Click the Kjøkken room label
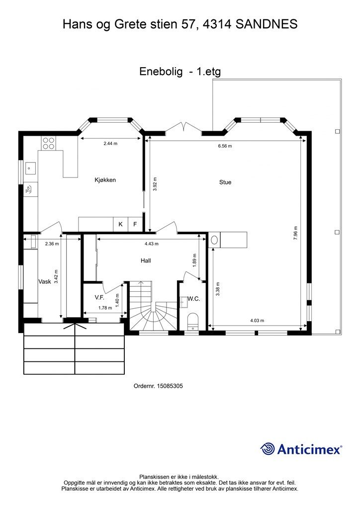coord(105,180)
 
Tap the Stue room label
coord(225,182)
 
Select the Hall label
coord(146,260)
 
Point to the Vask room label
coord(45,281)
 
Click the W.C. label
coord(194,299)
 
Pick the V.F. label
coord(99,297)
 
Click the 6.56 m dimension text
coord(225,146)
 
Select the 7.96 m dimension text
coord(295,233)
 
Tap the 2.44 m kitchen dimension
coord(110,143)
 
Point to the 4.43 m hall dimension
coord(151,244)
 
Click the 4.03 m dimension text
coord(257,321)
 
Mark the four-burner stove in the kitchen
coord(48,143)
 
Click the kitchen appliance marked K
coord(120,224)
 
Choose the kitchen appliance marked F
coord(135,224)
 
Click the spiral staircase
coord(153,306)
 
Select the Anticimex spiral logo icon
coord(268,449)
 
